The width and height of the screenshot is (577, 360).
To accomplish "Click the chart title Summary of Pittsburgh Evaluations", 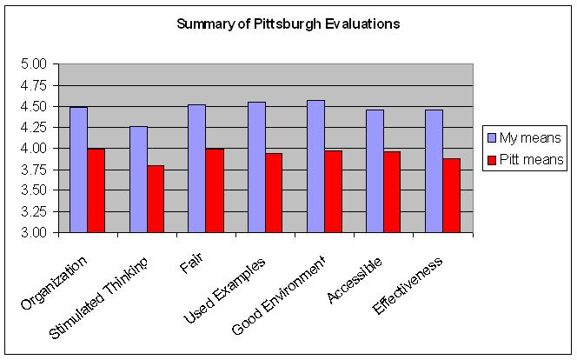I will pyautogui.click(x=288, y=24).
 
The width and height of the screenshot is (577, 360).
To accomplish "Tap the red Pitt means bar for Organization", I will pyautogui.click(x=96, y=190).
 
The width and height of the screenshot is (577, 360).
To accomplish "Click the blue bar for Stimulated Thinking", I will pyautogui.click(x=137, y=179).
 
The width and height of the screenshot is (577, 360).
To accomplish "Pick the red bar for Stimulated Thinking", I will pyautogui.click(x=155, y=199).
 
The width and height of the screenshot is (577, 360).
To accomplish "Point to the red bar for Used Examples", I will pyautogui.click(x=273, y=192).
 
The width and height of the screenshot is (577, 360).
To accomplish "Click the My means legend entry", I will pyautogui.click(x=525, y=137).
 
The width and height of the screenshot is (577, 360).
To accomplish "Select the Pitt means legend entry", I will pyautogui.click(x=525, y=159).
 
